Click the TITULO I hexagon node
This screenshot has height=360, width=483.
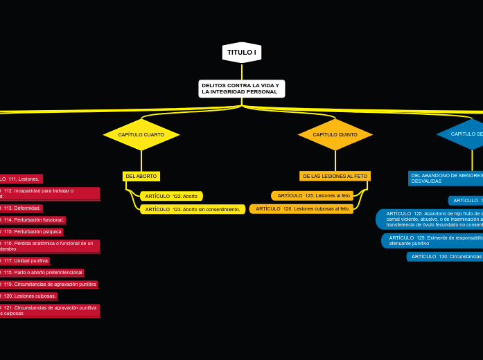pos(242,53)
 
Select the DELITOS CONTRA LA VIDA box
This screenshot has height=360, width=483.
pos(241,89)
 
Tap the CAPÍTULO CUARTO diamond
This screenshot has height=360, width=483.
pos(141,134)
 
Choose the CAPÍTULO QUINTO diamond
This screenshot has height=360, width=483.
pos(335,134)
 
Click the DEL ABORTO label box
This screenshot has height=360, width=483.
pos(141,177)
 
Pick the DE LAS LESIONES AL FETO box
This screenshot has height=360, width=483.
pos(335,177)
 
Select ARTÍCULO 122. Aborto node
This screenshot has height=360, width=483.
pos(171,197)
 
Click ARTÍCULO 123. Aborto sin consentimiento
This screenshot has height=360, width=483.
pos(193,209)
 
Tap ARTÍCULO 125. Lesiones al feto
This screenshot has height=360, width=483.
pos(313,196)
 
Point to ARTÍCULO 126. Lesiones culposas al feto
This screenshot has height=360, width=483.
pos(302,208)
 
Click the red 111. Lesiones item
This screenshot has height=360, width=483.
pos(21,179)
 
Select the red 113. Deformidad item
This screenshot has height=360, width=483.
pos(21,208)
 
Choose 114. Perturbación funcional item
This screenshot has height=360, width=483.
pos(33,219)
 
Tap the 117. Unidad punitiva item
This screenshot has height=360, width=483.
pos(24,260)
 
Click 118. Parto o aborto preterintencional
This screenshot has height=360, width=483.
pos(42,272)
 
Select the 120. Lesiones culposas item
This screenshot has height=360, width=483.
pos(28,296)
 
